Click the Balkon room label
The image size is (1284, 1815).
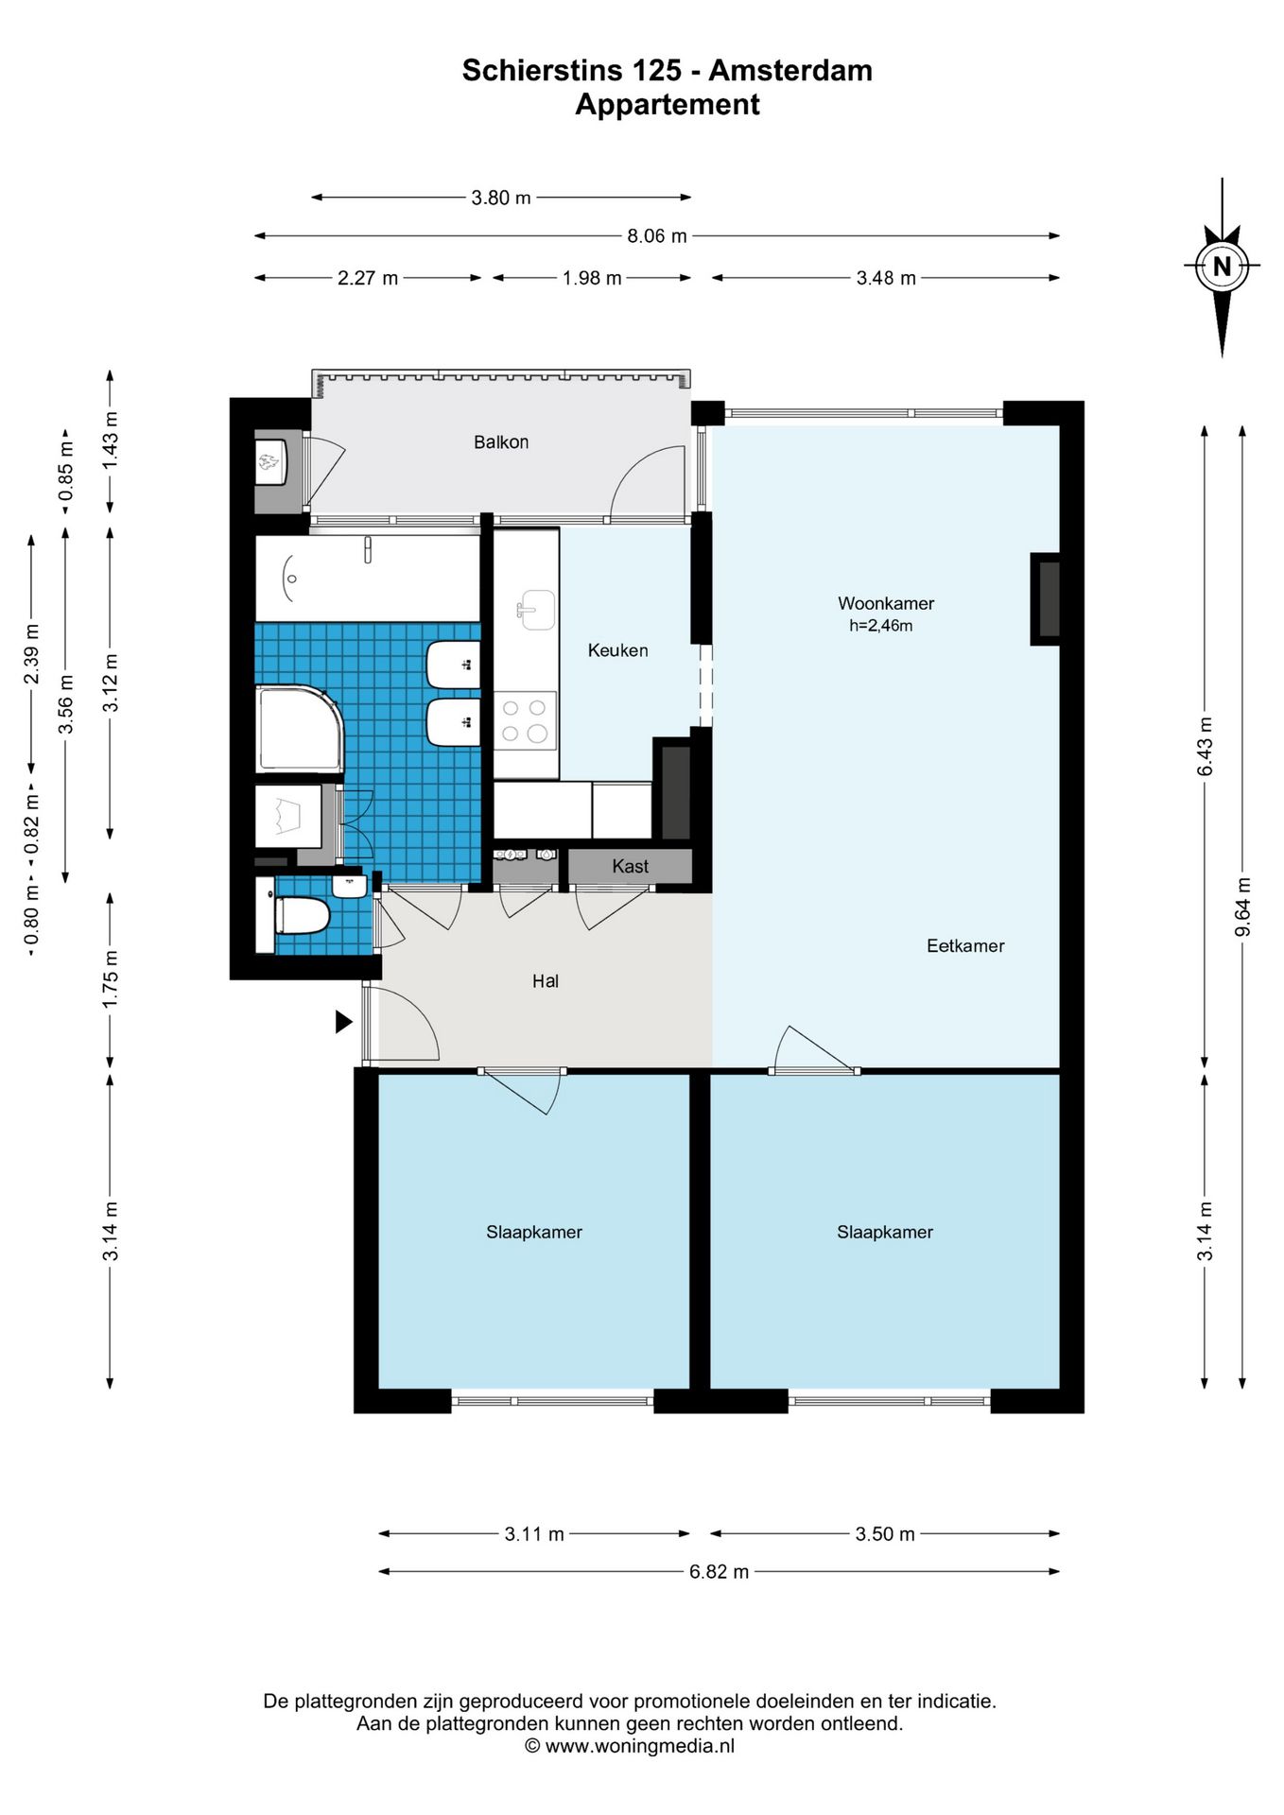(x=501, y=441)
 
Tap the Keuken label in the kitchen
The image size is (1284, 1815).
(x=617, y=650)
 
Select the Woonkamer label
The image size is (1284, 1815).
(x=886, y=603)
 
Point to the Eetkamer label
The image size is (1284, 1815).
(x=965, y=945)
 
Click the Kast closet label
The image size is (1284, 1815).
(x=630, y=866)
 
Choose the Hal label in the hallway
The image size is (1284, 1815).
(x=546, y=981)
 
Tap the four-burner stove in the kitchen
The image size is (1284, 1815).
(x=526, y=720)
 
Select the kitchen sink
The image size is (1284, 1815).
(x=536, y=610)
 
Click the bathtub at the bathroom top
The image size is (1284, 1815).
(x=368, y=578)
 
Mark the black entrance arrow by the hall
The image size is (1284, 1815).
(x=344, y=1022)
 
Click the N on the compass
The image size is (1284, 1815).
(x=1222, y=267)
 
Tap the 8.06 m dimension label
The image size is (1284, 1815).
(x=657, y=235)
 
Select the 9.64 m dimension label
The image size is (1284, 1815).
(x=1243, y=907)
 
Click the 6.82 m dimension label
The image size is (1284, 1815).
(x=719, y=1571)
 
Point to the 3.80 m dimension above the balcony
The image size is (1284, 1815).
(x=501, y=198)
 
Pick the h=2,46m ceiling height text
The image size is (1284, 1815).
(x=881, y=626)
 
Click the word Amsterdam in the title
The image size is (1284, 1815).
(x=790, y=70)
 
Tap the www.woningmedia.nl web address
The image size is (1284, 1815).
(x=640, y=1746)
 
